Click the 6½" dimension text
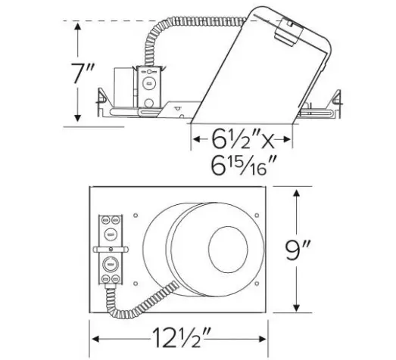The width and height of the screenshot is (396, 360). click(226, 140)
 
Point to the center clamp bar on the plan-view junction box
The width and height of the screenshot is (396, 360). click(111, 247)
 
